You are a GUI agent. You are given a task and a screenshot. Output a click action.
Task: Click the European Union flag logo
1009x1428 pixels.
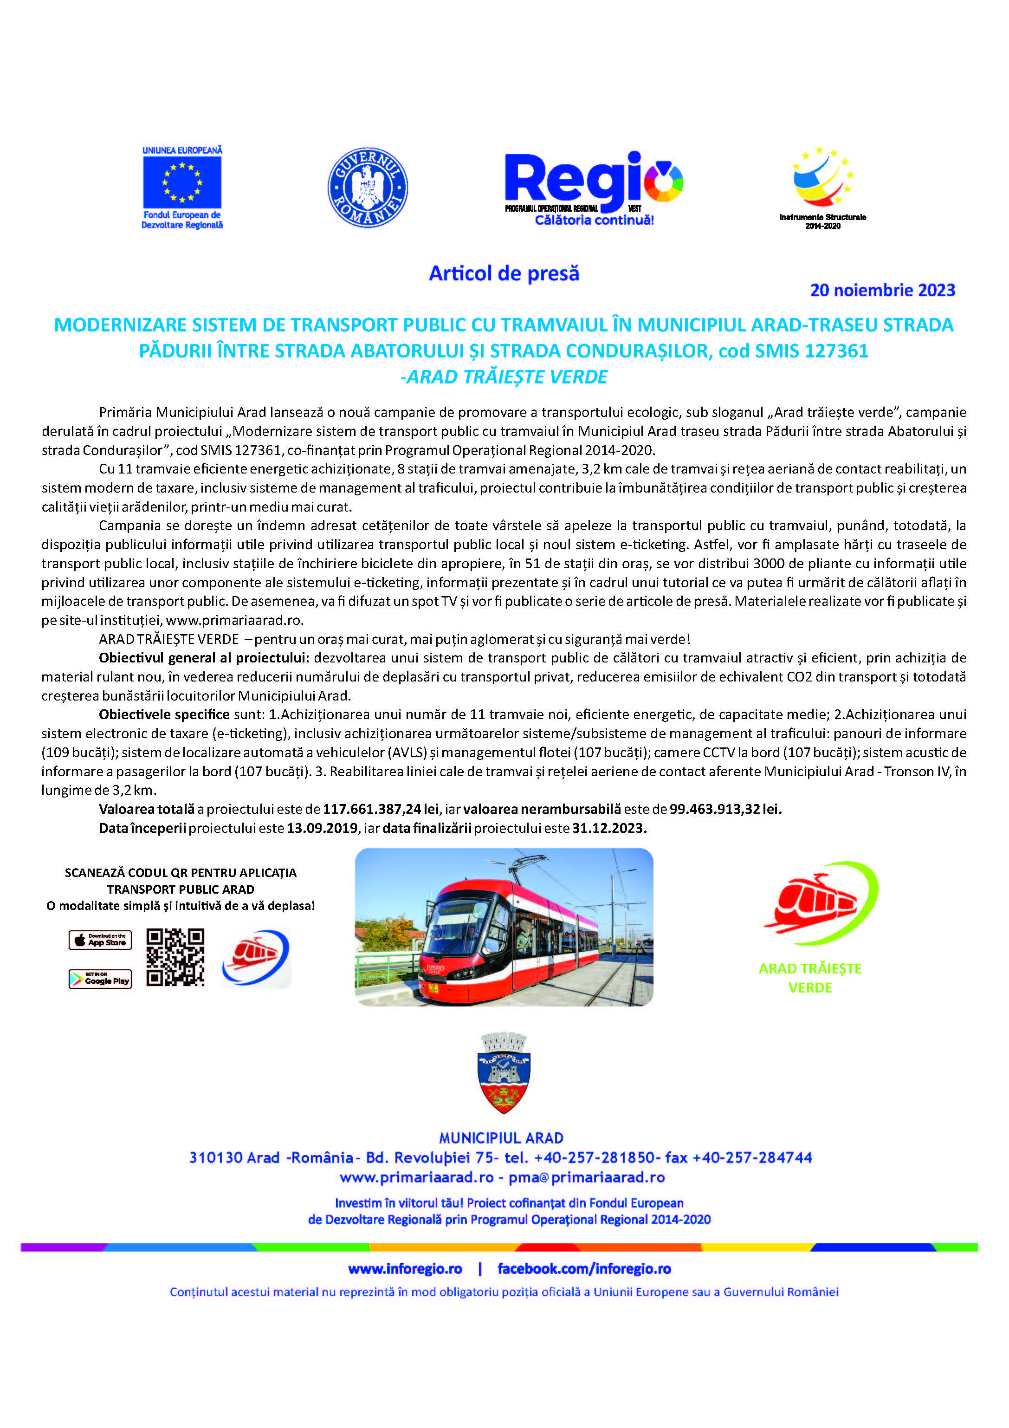click(x=182, y=182)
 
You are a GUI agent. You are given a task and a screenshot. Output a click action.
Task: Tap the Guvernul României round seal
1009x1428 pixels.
click(x=368, y=187)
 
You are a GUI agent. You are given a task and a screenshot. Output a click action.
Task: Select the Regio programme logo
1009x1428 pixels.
click(x=593, y=187)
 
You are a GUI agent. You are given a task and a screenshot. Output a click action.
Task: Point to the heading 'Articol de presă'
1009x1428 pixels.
click(x=504, y=273)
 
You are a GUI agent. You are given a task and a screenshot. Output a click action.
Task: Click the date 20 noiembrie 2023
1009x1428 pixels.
click(x=882, y=291)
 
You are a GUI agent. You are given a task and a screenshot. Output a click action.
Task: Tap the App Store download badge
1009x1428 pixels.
click(x=100, y=940)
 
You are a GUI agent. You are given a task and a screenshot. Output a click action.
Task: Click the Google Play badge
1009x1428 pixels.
click(x=100, y=980)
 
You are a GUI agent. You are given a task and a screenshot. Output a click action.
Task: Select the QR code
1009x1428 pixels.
click(x=175, y=958)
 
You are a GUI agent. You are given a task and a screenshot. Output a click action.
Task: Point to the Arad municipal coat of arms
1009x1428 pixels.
click(x=504, y=1073)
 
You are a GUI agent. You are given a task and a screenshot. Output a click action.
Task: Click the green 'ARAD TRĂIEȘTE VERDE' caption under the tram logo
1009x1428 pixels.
click(x=810, y=978)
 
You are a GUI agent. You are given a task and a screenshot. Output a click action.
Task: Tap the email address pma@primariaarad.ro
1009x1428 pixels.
click(x=586, y=1177)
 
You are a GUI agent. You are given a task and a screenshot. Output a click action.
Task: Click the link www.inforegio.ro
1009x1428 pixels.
click(x=405, y=1269)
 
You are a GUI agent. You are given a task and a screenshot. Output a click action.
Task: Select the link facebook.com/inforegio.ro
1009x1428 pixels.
click(x=584, y=1269)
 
